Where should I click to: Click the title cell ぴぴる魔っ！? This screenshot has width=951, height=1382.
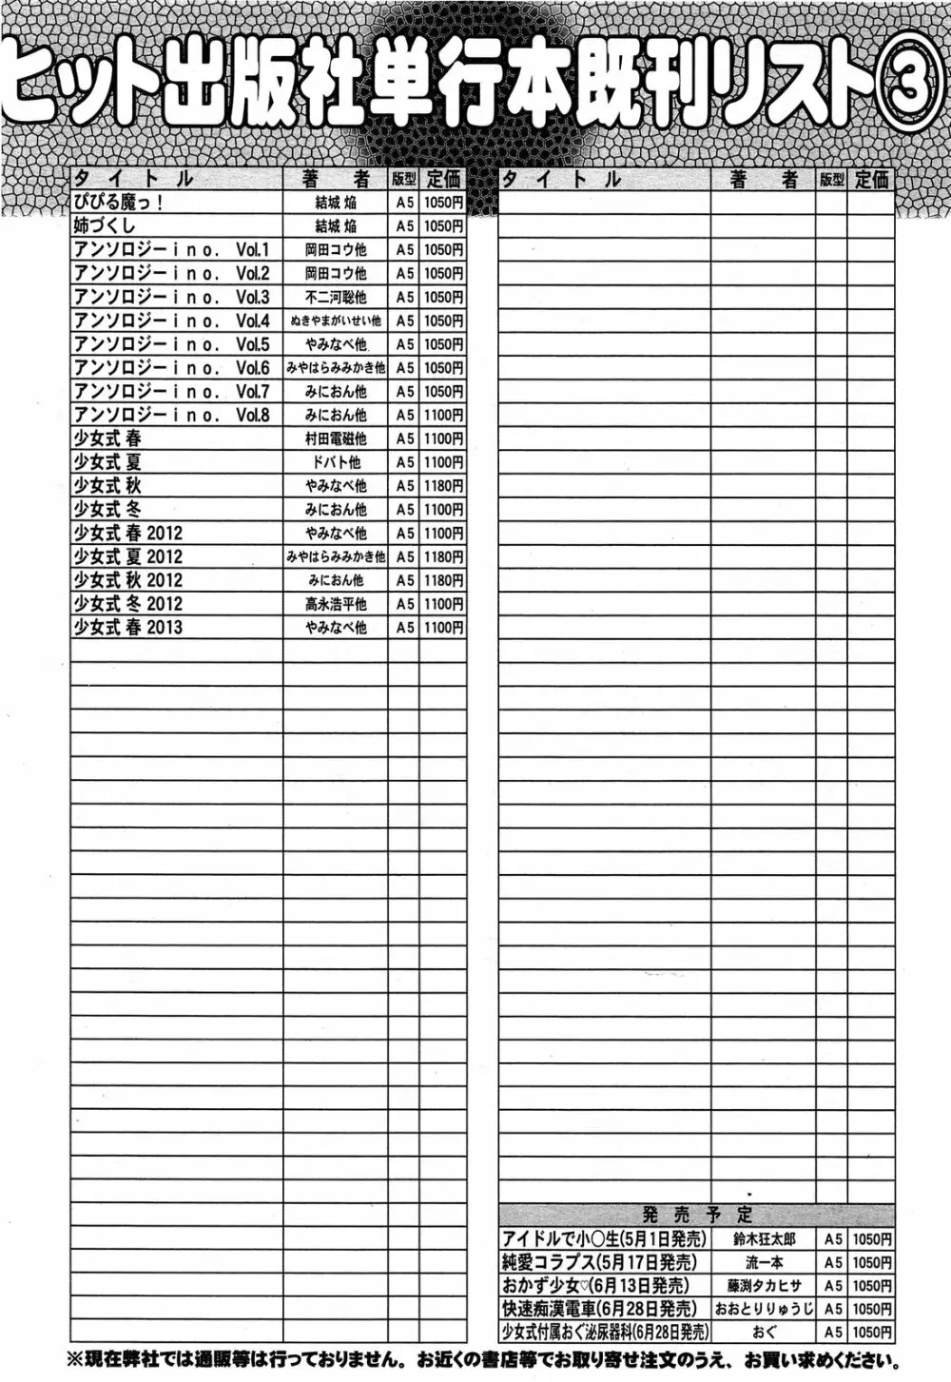pyautogui.click(x=119, y=203)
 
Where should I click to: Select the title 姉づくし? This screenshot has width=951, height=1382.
pyautogui.click(x=105, y=226)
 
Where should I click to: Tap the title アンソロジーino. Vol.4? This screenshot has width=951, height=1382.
pyautogui.click(x=172, y=321)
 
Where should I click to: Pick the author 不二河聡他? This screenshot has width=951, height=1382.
pyautogui.click(x=336, y=297)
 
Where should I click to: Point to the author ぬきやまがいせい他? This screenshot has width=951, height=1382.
pyautogui.click(x=336, y=321)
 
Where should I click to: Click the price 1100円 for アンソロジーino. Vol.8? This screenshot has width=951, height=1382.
pyautogui.click(x=444, y=415)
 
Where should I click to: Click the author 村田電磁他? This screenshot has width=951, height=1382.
pyautogui.click(x=336, y=438)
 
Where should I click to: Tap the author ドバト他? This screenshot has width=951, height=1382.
pyautogui.click(x=336, y=462)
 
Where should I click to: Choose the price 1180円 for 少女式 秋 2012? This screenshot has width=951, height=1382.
pyautogui.click(x=444, y=580)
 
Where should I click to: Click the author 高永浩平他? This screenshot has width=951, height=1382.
pyautogui.click(x=336, y=604)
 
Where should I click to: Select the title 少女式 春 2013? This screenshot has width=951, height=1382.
pyautogui.click(x=128, y=628)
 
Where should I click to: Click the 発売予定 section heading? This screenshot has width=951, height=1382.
pyautogui.click(x=697, y=1215)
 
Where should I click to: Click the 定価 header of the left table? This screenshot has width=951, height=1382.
pyautogui.click(x=444, y=179)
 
